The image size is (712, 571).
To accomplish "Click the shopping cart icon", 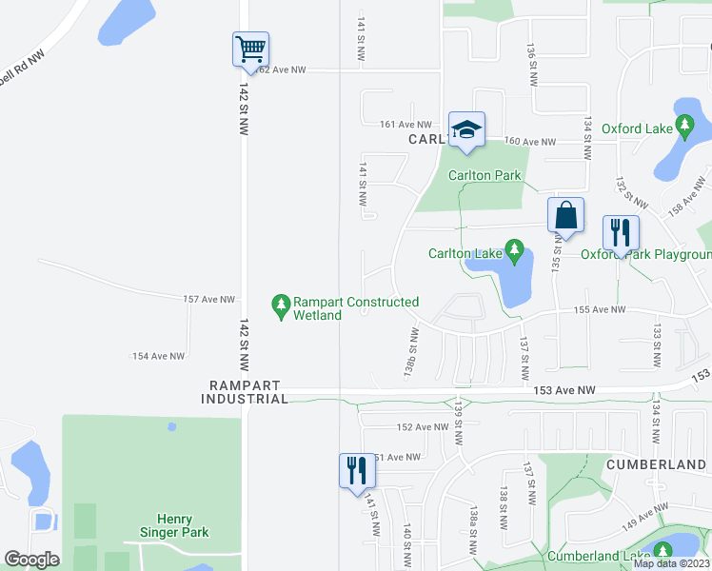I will pyautogui.click(x=250, y=49).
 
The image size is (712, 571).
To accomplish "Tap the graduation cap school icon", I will pyautogui.click(x=466, y=129).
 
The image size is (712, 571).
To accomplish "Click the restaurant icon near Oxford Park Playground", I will pyautogui.click(x=621, y=232).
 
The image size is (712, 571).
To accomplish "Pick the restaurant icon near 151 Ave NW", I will pyautogui.click(x=357, y=470).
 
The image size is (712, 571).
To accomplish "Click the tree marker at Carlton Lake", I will pyautogui.click(x=515, y=253).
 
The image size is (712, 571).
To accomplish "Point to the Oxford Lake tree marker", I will pyautogui.click(x=684, y=127).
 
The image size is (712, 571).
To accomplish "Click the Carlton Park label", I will pyautogui.click(x=485, y=175).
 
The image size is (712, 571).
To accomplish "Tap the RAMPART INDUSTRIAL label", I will pyautogui.click(x=245, y=392).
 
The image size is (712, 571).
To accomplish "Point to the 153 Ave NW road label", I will pyautogui.click(x=564, y=390).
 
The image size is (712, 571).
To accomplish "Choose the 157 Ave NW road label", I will pyautogui.click(x=208, y=300).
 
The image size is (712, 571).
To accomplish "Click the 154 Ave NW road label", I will pyautogui.click(x=158, y=356).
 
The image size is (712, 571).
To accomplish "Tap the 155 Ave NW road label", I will pyautogui.click(x=600, y=310).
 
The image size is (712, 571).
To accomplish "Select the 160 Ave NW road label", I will pyautogui.click(x=529, y=142).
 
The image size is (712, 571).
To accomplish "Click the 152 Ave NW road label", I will pyautogui.click(x=421, y=427).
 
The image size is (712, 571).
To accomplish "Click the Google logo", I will pyautogui.click(x=31, y=560).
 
